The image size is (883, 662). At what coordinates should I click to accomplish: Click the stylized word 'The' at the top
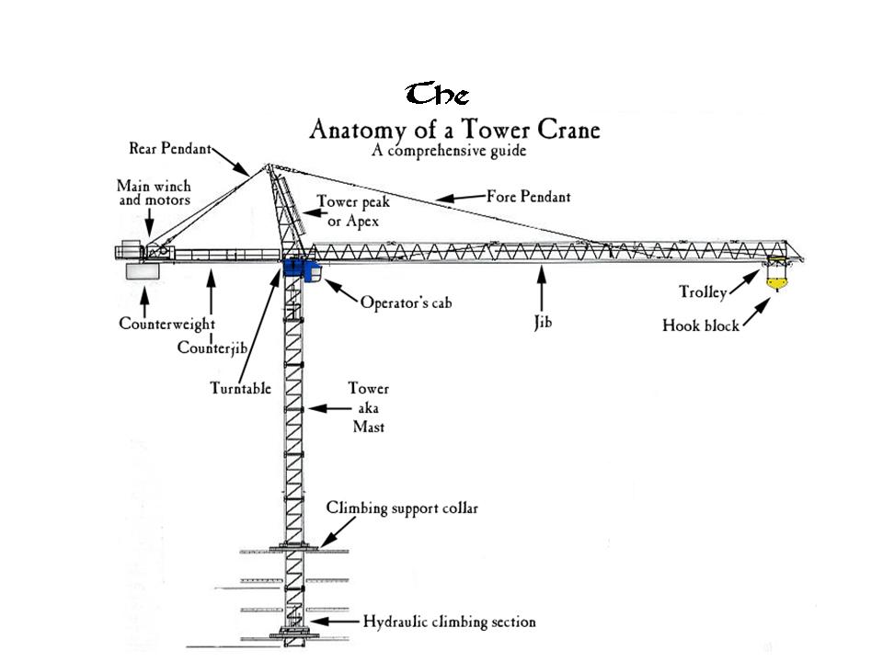tap(438, 95)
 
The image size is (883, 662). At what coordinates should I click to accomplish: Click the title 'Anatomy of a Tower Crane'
tap(454, 129)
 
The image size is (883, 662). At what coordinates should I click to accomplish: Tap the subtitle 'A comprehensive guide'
tap(449, 151)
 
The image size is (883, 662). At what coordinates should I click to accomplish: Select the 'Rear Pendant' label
tap(169, 148)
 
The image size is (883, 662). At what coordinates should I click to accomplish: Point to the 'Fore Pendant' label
tap(528, 196)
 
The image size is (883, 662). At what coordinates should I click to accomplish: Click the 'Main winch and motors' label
tap(154, 193)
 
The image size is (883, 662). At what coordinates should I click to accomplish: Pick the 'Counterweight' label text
tap(166, 324)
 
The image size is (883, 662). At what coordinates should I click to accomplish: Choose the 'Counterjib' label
tap(212, 348)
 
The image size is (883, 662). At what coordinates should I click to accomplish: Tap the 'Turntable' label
tap(240, 388)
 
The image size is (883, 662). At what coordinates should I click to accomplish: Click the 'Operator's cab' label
tap(407, 302)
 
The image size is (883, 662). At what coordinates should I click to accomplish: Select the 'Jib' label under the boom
tap(543, 324)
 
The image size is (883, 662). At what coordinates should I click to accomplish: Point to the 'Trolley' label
tap(703, 293)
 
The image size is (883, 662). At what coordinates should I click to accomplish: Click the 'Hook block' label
tap(700, 325)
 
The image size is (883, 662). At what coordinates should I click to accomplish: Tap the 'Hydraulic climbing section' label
tap(449, 622)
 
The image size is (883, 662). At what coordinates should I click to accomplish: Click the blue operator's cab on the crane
tap(301, 269)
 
